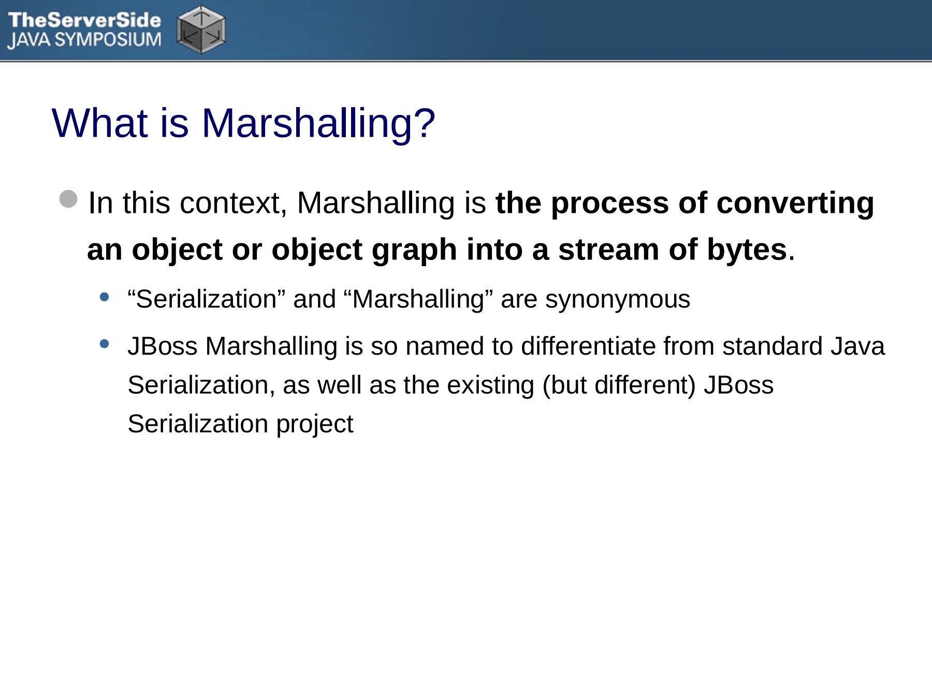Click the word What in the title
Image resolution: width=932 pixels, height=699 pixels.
tap(100, 123)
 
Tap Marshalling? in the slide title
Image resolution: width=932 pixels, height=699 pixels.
tap(318, 124)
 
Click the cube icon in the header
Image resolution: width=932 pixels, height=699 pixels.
tap(201, 30)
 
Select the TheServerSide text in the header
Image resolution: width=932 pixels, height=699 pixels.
tap(84, 20)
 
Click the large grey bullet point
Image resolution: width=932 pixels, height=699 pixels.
tap(68, 199)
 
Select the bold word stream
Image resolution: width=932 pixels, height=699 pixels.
tap(608, 250)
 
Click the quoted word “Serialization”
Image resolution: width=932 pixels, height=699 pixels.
tap(207, 299)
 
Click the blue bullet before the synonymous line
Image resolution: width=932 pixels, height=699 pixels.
tap(105, 297)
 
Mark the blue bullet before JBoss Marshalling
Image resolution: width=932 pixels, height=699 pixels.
tap(105, 343)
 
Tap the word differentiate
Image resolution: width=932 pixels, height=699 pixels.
tap(588, 346)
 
